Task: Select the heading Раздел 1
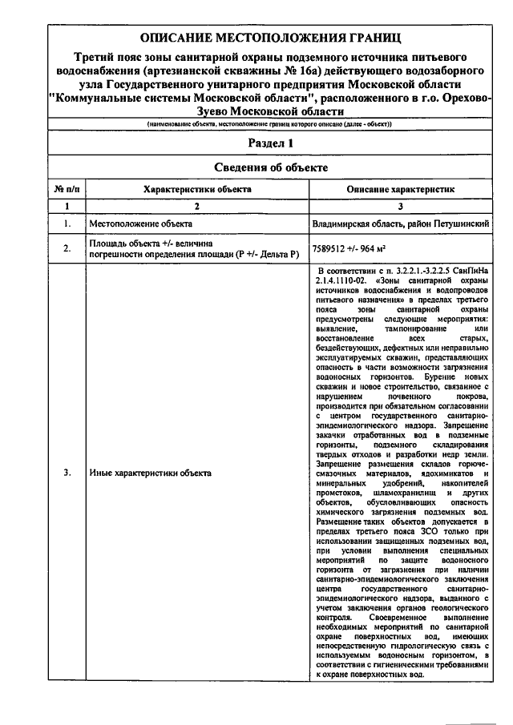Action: pos(269,143)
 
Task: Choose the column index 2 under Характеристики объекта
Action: pos(197,206)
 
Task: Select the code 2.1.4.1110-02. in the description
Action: pos(341,282)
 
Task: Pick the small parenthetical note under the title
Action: pos(269,123)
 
